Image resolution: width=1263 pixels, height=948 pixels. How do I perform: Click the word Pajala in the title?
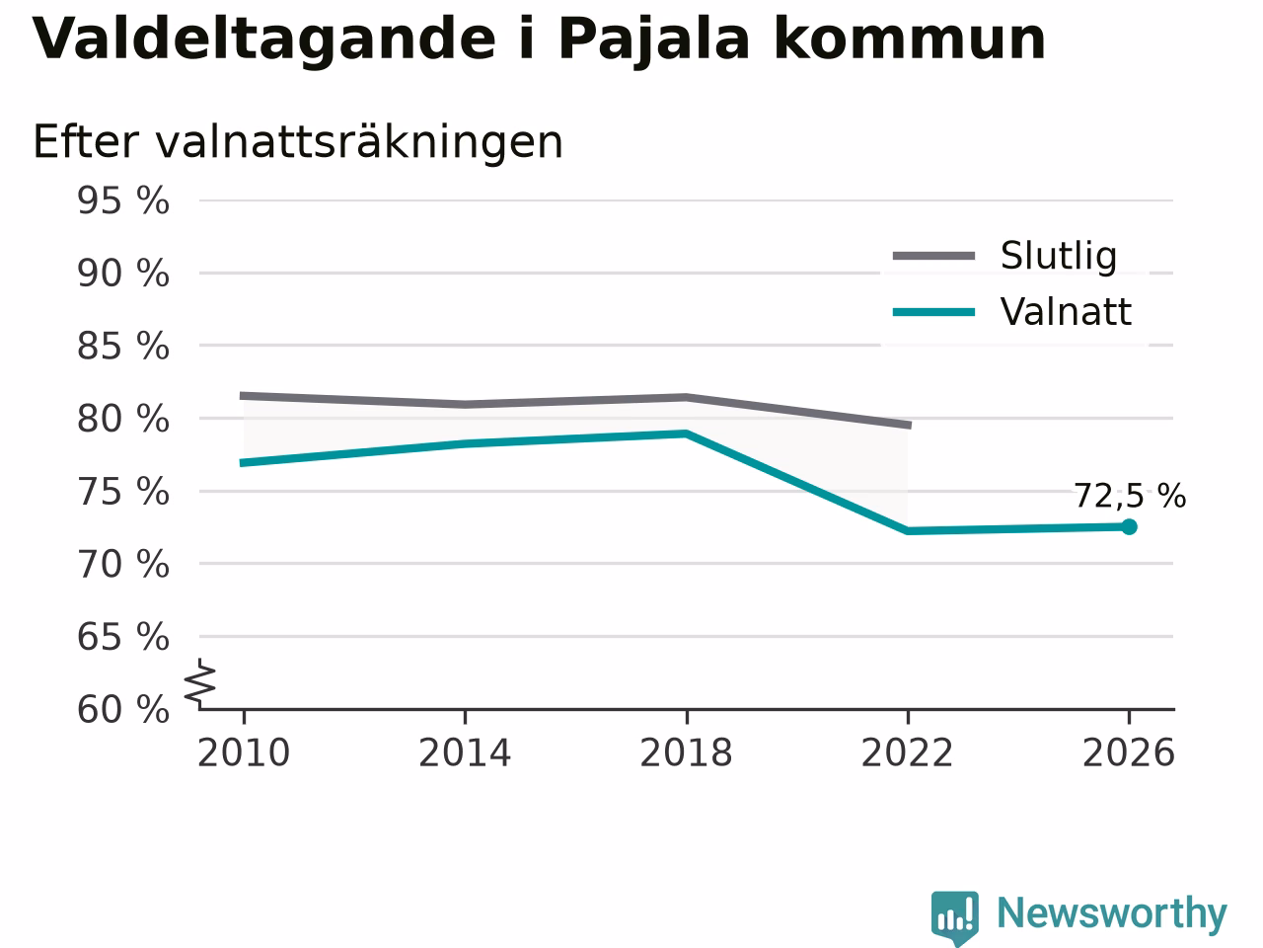click(x=654, y=40)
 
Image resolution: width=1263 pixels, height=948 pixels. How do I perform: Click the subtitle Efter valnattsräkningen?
click(x=297, y=142)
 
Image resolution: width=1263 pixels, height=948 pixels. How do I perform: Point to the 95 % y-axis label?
click(x=123, y=200)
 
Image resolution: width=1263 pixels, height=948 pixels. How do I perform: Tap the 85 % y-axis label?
click(x=123, y=346)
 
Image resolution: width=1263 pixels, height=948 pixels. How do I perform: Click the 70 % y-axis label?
click(x=123, y=564)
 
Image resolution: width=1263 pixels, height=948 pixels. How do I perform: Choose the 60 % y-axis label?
click(x=123, y=709)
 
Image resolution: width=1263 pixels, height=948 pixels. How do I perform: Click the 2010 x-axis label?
click(x=244, y=752)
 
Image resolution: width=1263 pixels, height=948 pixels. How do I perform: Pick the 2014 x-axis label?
click(x=465, y=752)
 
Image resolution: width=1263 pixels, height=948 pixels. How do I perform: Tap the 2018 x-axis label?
click(x=686, y=752)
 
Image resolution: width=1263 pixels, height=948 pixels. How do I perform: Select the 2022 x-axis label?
click(x=908, y=752)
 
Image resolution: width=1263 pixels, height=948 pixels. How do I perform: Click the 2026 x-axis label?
click(x=1129, y=752)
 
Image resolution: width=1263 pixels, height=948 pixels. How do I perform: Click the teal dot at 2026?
click(x=1129, y=526)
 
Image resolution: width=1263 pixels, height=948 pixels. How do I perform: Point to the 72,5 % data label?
click(x=1130, y=496)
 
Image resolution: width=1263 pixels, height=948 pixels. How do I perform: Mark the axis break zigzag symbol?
click(x=199, y=683)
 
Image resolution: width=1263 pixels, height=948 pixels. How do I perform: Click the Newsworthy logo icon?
click(x=955, y=917)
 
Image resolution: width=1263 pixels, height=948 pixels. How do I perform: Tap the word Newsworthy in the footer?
click(x=1112, y=913)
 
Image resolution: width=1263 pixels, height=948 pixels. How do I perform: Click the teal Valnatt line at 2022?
click(x=908, y=530)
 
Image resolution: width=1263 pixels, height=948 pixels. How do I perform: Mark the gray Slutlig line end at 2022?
click(x=911, y=425)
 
